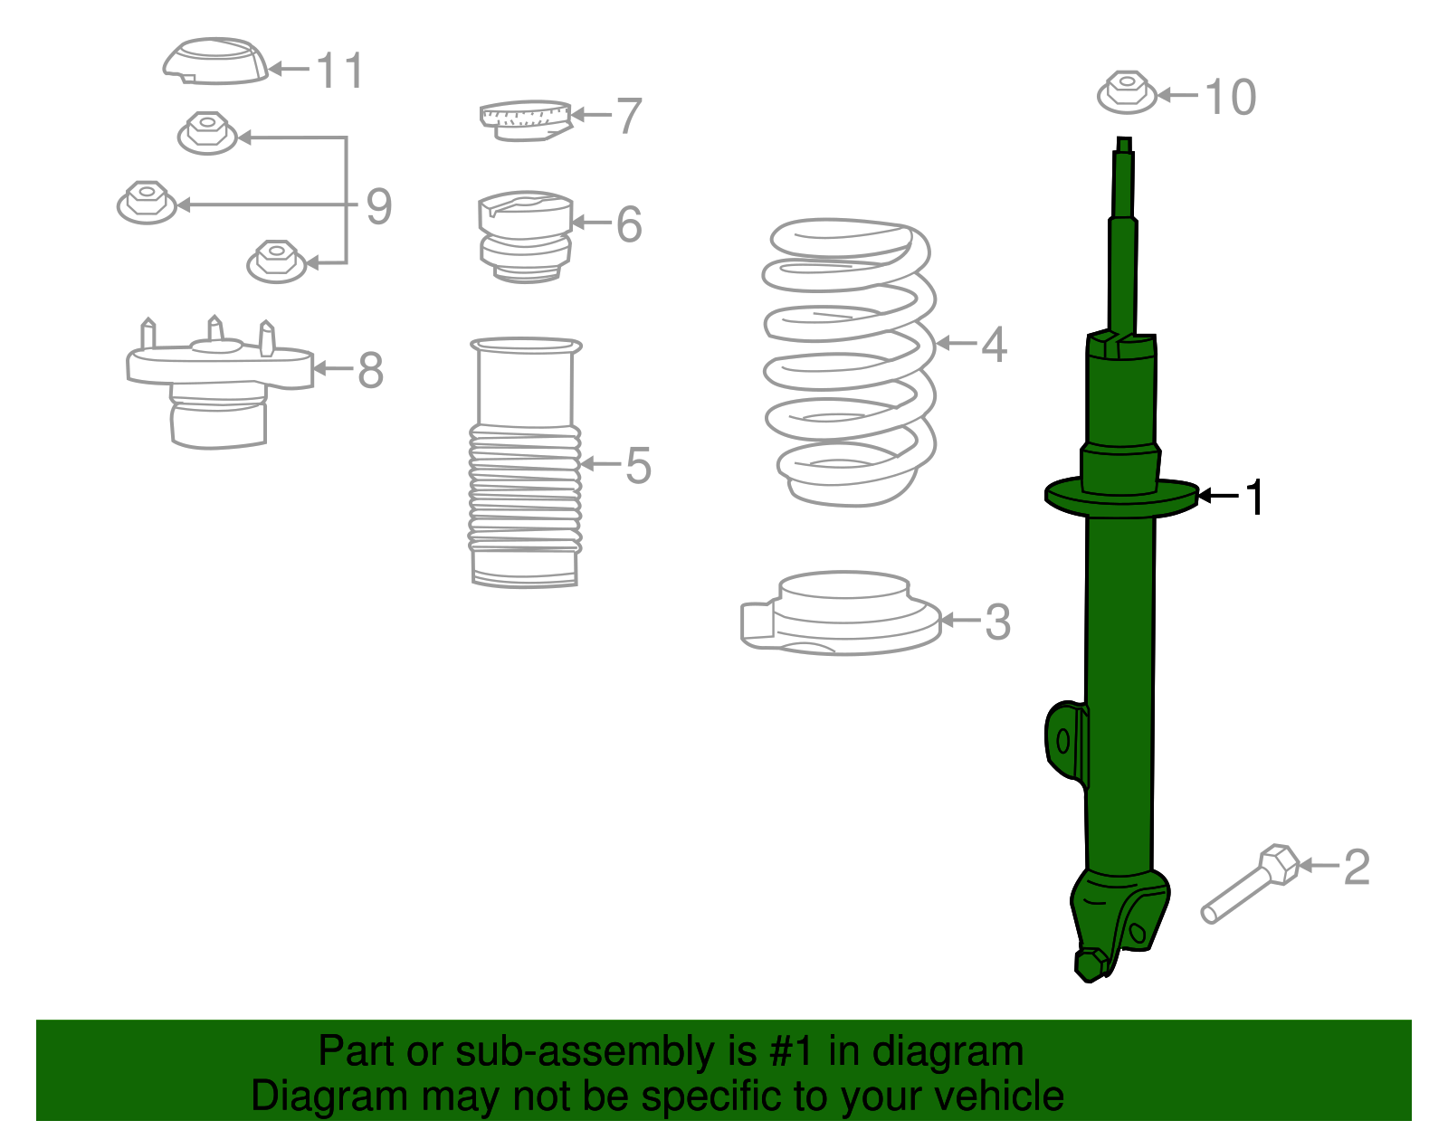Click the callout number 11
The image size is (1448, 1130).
tap(340, 71)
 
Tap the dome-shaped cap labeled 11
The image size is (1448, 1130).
tap(215, 62)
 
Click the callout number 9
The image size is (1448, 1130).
tap(378, 206)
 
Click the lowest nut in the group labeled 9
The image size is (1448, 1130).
tap(277, 261)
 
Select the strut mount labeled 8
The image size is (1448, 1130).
tap(219, 380)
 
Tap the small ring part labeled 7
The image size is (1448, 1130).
tap(525, 119)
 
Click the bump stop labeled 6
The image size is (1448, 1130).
tap(525, 235)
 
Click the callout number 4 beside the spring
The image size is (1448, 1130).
tap(994, 345)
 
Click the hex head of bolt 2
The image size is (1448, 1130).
tap(1279, 863)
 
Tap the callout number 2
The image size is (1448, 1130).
tap(1356, 867)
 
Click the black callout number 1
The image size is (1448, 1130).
tap(1254, 498)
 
